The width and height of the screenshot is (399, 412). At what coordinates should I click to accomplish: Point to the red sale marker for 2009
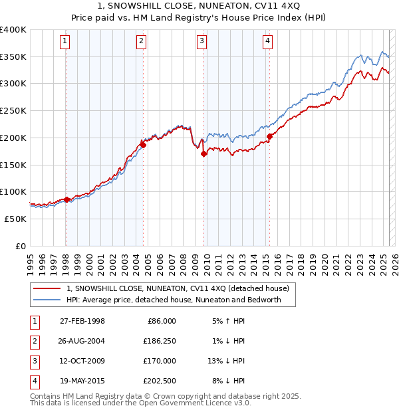203,154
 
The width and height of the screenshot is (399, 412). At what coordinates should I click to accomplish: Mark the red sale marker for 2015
269,136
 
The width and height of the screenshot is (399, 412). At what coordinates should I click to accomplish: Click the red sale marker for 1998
66,199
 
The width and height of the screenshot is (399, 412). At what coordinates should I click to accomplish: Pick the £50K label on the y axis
15,219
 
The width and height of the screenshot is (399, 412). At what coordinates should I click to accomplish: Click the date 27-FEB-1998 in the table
82,321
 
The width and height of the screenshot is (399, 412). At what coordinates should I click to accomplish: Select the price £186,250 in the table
159,341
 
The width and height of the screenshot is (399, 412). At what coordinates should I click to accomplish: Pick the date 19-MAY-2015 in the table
82,381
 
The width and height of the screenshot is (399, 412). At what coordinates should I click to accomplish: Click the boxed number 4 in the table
33,381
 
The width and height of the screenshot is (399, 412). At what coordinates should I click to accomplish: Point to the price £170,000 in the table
159,361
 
